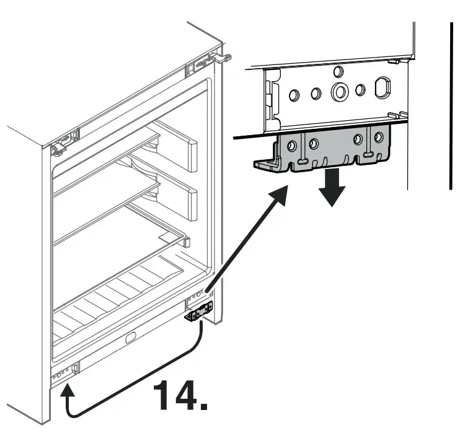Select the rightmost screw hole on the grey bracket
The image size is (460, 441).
coord(378,138)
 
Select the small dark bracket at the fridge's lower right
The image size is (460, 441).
coord(198,313)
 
